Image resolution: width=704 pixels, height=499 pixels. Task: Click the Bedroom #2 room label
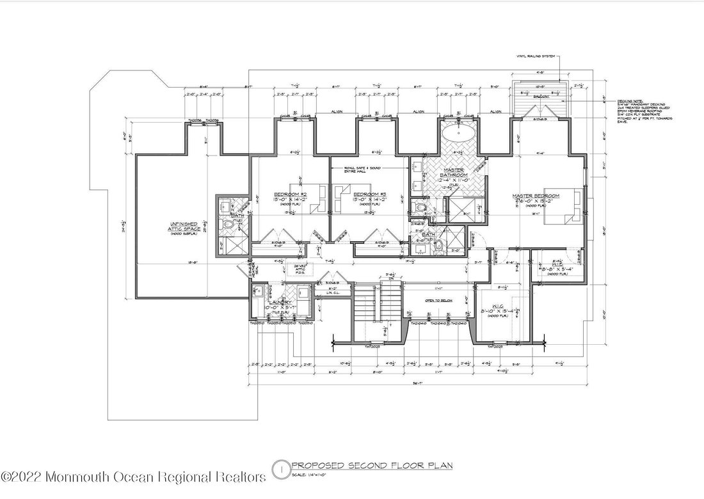coord(291,194)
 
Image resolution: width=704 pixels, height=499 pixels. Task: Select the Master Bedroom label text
coord(536,196)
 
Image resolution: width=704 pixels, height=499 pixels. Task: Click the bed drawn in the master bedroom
coord(564,207)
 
